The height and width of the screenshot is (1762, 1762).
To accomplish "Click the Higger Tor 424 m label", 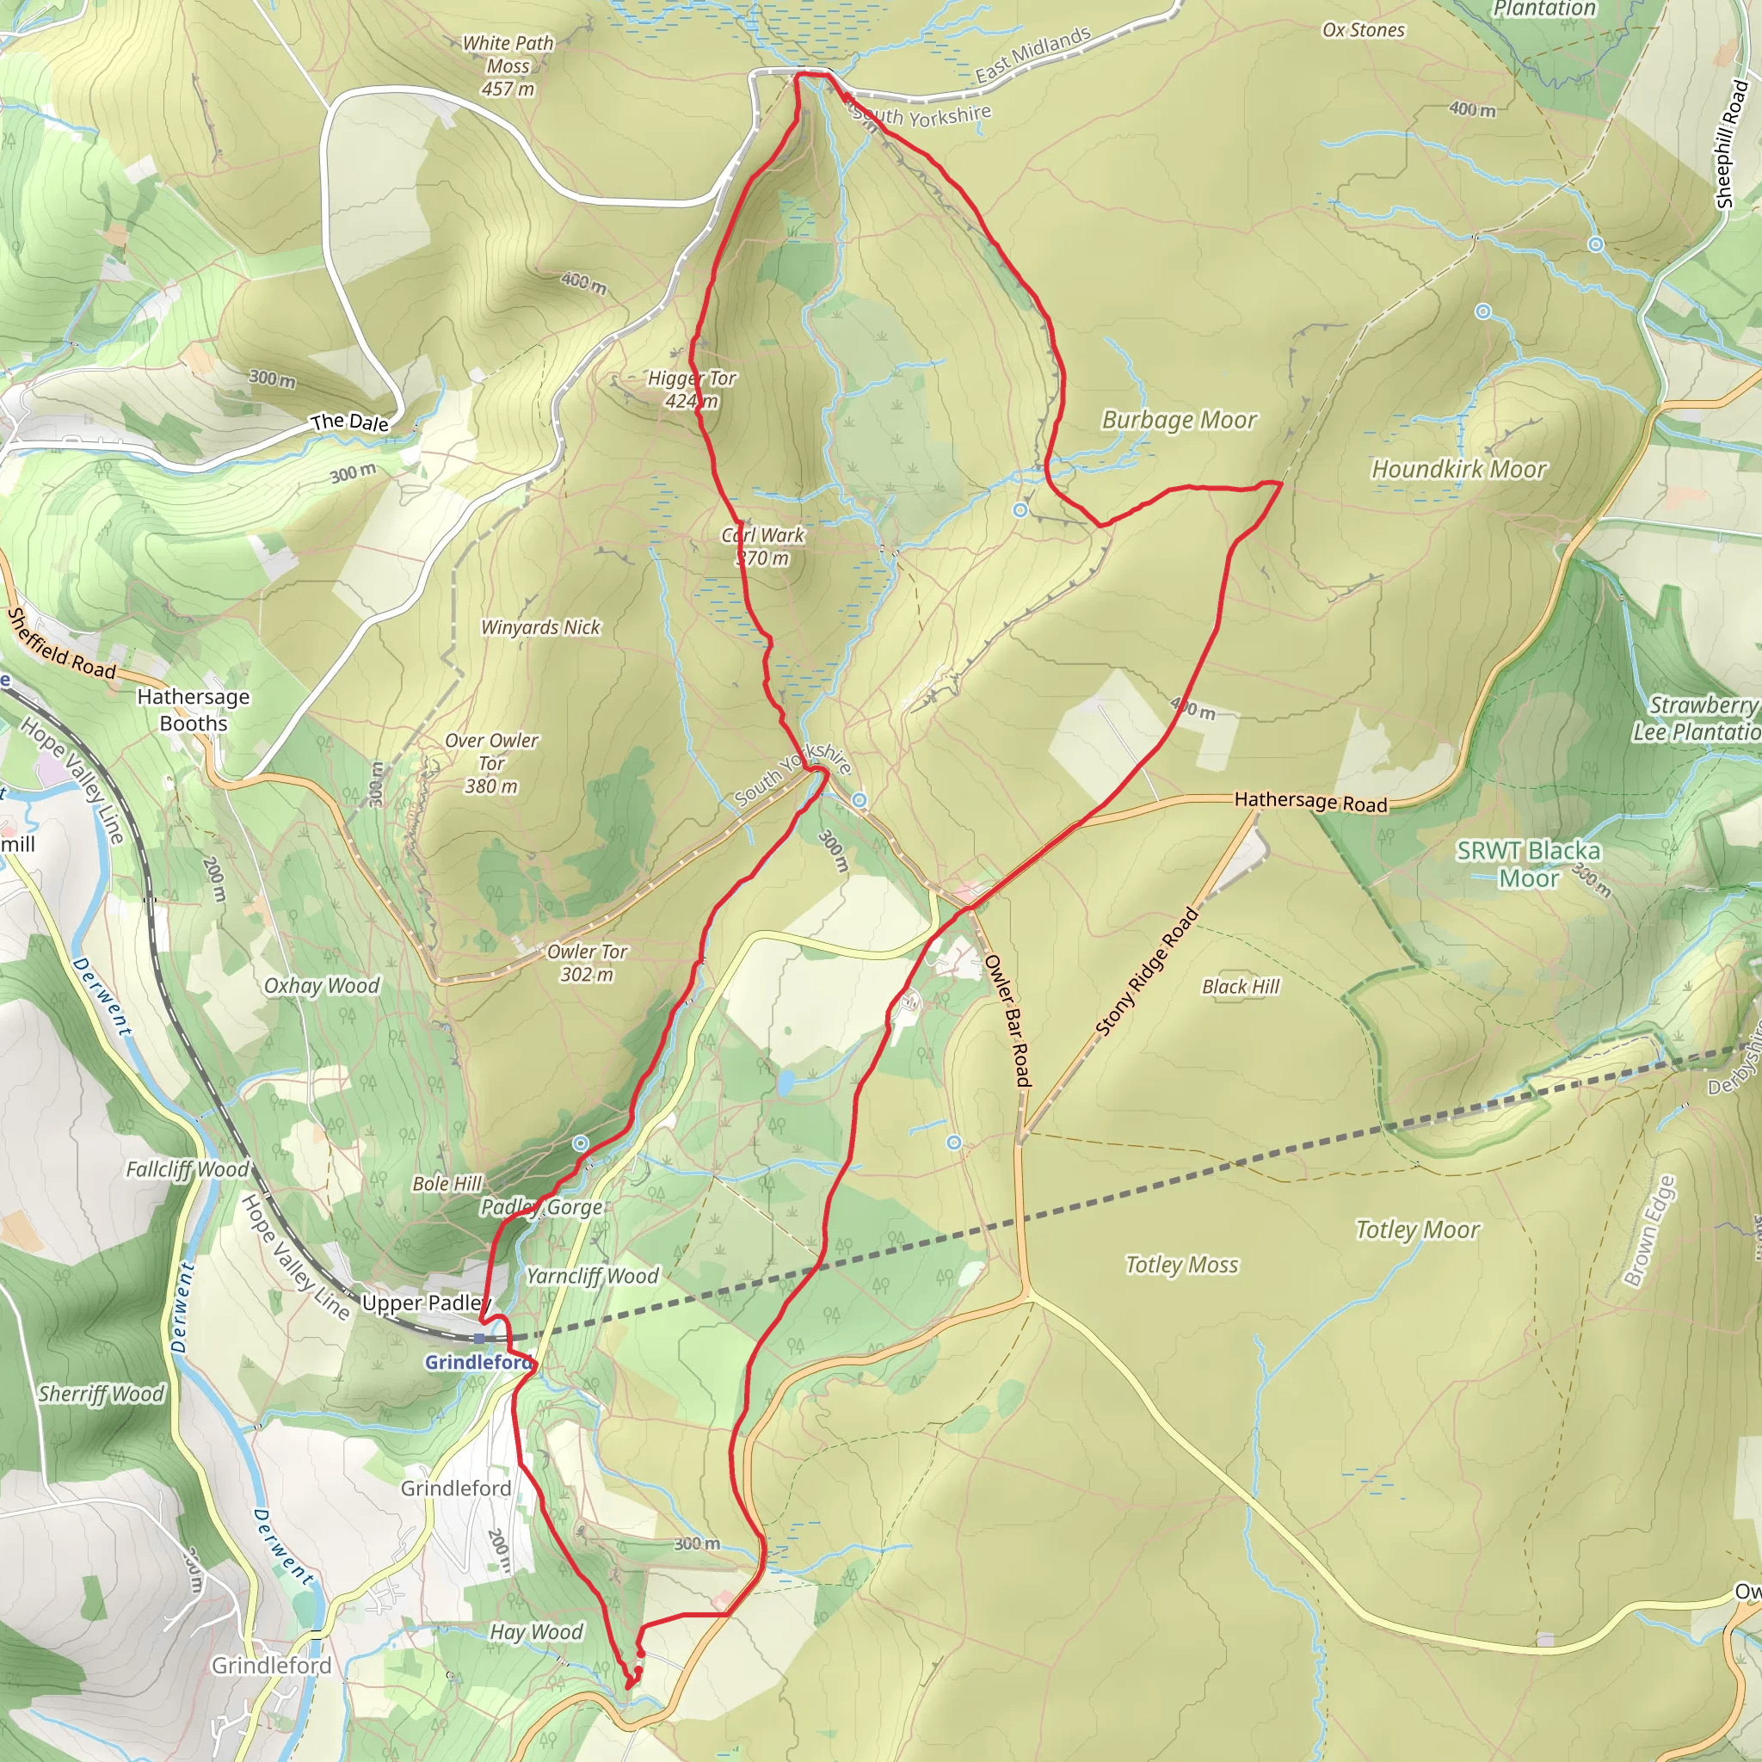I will (x=692, y=390).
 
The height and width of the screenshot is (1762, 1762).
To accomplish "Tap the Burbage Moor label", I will (x=1179, y=421).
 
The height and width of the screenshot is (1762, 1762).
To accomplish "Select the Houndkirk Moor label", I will (x=1459, y=470).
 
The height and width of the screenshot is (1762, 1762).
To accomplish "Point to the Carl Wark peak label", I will (x=762, y=546).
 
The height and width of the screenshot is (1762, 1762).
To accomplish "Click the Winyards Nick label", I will (x=541, y=627).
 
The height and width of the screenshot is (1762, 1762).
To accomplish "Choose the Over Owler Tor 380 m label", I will (x=491, y=763).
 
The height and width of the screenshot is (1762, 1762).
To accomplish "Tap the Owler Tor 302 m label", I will (x=588, y=963).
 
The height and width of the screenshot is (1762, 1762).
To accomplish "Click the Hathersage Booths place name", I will (x=194, y=710).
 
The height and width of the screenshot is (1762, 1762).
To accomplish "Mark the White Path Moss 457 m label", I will (x=508, y=65).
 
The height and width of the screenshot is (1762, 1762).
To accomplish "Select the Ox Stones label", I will (x=1364, y=30).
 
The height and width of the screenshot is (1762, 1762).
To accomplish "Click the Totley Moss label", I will (x=1182, y=1265).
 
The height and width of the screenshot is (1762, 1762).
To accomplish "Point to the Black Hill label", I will (x=1241, y=987).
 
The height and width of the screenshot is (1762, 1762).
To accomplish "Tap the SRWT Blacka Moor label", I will (x=1529, y=865).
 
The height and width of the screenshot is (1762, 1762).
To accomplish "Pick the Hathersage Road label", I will (x=1310, y=802).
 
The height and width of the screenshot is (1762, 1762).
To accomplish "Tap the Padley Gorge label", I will (x=542, y=1207).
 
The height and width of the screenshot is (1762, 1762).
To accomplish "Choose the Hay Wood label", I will (x=536, y=1631).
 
